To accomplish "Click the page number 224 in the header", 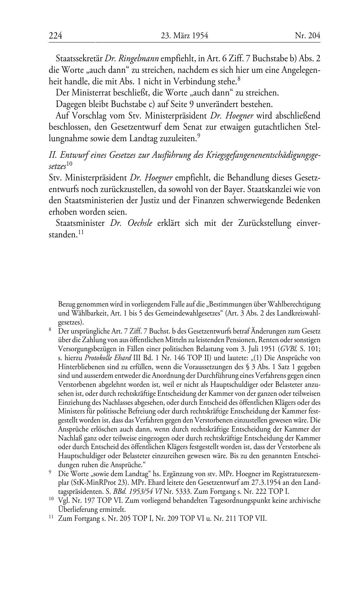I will pos(55,36).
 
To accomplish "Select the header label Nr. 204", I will pos(307,36).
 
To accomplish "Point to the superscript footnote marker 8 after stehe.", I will pos(239,77).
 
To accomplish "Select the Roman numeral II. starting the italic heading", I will pos(53,155).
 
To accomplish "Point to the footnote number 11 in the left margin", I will pos(51,517).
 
